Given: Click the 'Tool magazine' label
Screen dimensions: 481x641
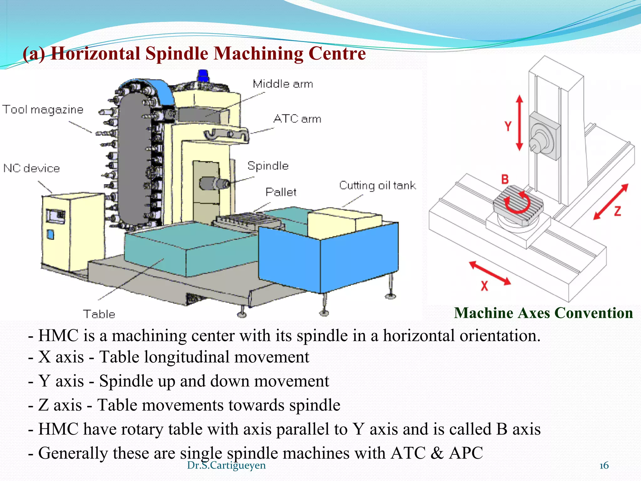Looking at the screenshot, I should (43, 110).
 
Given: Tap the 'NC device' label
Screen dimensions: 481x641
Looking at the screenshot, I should (32, 168).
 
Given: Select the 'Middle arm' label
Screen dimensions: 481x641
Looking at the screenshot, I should (283, 84).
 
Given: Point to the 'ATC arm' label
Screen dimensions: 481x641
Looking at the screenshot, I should (297, 119).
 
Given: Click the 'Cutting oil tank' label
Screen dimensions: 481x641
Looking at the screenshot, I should (377, 185).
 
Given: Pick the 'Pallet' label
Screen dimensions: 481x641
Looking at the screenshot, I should (281, 192).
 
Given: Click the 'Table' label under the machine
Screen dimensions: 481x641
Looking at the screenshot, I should (99, 314).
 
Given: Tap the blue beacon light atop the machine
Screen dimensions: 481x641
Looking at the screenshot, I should (203, 76).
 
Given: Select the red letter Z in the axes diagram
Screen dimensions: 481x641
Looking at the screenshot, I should (617, 211).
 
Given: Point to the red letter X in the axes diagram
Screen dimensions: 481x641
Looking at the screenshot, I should (484, 286).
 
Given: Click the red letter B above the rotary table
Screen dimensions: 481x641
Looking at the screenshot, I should (505, 179).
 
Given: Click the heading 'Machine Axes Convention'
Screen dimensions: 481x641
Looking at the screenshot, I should (543, 313).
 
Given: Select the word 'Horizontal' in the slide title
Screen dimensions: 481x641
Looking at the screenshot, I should (95, 53).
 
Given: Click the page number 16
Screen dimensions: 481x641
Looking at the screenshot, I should (604, 466).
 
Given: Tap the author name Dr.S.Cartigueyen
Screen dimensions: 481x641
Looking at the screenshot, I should (226, 465).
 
